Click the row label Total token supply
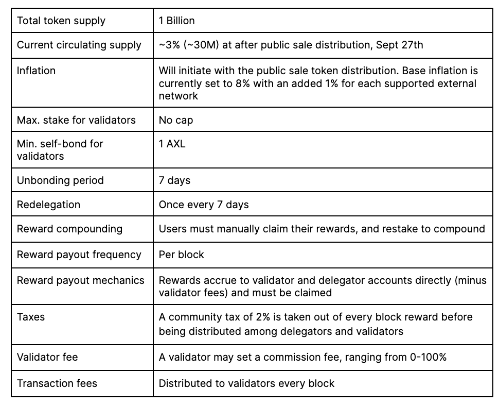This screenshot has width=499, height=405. pyautogui.click(x=61, y=21)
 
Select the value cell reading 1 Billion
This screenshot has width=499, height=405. pyautogui.click(x=177, y=21)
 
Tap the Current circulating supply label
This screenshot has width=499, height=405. pyautogui.click(x=79, y=45)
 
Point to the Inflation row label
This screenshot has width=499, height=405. pyautogui.click(x=36, y=70)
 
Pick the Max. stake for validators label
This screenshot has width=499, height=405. pyautogui.click(x=76, y=120)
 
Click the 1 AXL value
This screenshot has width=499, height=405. pyautogui.click(x=172, y=144)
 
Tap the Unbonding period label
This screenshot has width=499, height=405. pyautogui.click(x=60, y=180)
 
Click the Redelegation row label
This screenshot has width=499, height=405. pyautogui.click(x=48, y=205)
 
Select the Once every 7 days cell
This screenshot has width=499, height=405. pyautogui.click(x=204, y=205)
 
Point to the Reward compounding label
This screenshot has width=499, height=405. pyautogui.click(x=69, y=229)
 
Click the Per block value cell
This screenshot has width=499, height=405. pyautogui.click(x=182, y=255)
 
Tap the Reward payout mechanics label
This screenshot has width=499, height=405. pyautogui.click(x=81, y=280)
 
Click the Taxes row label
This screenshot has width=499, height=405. pyautogui.click(x=31, y=317)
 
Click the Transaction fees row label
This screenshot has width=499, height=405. pyautogui.click(x=57, y=383)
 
